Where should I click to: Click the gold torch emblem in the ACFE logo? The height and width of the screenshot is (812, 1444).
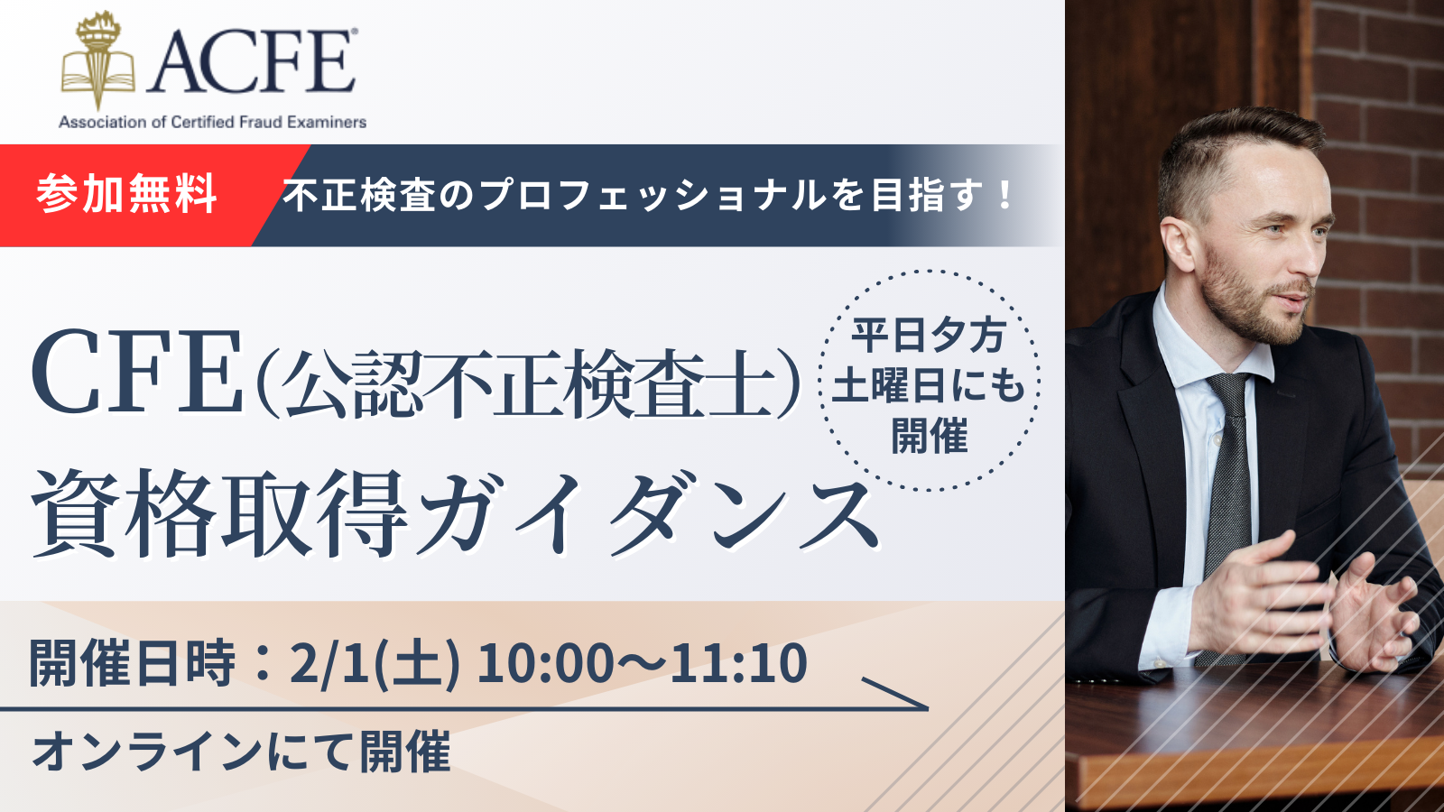pos(98,60)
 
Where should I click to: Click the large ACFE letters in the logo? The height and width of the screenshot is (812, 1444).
pos(252,62)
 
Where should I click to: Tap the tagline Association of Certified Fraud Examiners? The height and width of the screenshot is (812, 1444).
pos(213,122)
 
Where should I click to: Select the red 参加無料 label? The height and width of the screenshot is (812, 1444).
pos(126,194)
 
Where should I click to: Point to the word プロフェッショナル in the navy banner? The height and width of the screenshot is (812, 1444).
pos(653,195)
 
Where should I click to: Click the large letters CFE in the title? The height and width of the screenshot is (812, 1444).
pos(137,373)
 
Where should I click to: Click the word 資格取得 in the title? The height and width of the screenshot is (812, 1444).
pos(219,513)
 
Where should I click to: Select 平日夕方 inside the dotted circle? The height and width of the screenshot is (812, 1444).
pos(929,335)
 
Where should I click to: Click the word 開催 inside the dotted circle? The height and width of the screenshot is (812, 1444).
pos(930,437)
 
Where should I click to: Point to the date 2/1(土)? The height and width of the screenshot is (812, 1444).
pos(375,663)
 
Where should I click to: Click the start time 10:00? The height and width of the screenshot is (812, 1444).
pos(545,663)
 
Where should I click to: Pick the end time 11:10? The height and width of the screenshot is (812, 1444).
pos(738,663)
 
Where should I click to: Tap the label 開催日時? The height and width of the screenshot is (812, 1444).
pos(132,663)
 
